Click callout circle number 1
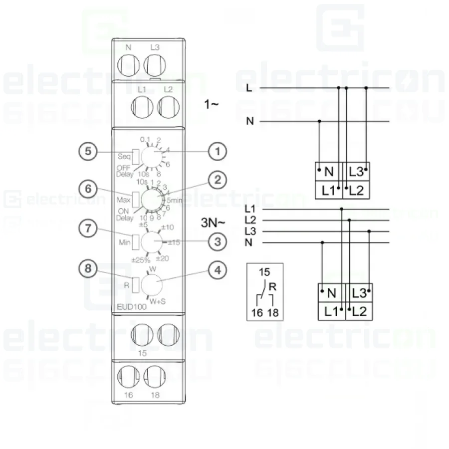point(218,151)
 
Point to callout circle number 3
point(218,242)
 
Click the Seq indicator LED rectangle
point(135,156)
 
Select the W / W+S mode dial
point(152,284)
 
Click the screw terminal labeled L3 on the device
point(154,65)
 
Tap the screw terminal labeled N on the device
point(128,65)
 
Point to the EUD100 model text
point(131,307)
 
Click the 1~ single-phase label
point(211,104)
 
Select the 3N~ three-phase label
point(213,223)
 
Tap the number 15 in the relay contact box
point(265,273)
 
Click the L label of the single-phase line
point(249,88)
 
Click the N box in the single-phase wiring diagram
point(328,172)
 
